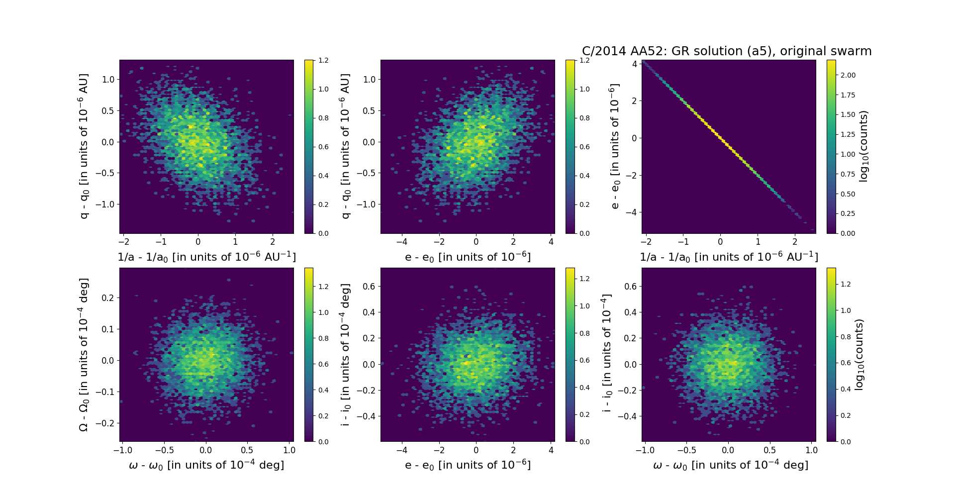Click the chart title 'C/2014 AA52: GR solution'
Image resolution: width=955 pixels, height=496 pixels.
pyautogui.click(x=726, y=51)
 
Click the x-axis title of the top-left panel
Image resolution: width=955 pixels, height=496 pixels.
pyautogui.click(x=206, y=257)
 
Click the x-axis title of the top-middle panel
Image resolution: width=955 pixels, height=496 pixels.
pyautogui.click(x=468, y=257)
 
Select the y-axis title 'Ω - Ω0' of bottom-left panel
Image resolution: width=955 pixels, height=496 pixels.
pyautogui.click(x=84, y=354)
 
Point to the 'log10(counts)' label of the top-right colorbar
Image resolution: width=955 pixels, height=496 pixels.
pyautogui.click(x=864, y=146)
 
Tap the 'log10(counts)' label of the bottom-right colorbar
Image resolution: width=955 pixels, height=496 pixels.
pyautogui.click(x=859, y=354)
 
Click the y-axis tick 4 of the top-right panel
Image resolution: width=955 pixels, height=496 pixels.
pyautogui.click(x=635, y=64)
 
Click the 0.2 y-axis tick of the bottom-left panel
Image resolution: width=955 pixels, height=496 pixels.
pyautogui.click(x=108, y=298)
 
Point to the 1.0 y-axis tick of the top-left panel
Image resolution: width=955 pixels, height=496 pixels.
pyautogui.click(x=108, y=80)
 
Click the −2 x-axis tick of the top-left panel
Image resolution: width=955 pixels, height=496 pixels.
pyautogui.click(x=124, y=242)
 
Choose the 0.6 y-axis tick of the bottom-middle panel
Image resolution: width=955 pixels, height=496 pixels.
pyautogui.click(x=369, y=286)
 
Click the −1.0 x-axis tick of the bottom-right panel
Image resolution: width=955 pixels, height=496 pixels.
pyautogui.click(x=645, y=450)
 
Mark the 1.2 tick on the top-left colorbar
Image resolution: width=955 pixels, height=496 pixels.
pyautogui.click(x=323, y=60)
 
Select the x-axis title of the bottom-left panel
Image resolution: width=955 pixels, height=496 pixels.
pyautogui.click(x=206, y=465)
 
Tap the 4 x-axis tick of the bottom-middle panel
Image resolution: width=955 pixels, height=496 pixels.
pyautogui.click(x=551, y=450)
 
